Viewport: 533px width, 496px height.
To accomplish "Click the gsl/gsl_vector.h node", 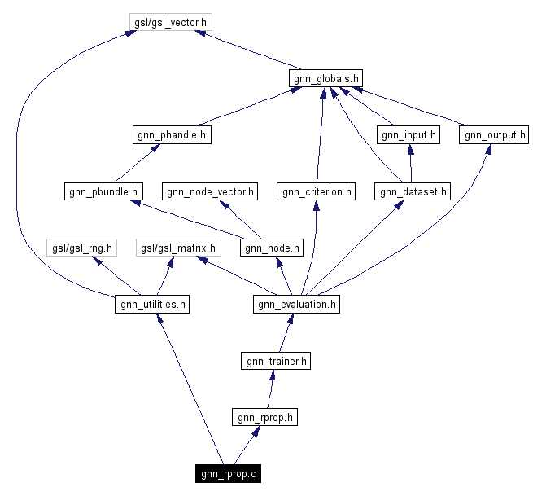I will tap(171, 22).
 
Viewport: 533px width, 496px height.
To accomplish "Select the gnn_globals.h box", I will tap(325, 78).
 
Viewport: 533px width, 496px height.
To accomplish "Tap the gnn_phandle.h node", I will tap(171, 135).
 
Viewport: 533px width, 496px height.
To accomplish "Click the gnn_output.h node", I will tap(493, 135).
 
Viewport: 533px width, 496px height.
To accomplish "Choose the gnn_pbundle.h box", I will tap(103, 192).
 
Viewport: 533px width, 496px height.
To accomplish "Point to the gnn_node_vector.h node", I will tap(210, 192).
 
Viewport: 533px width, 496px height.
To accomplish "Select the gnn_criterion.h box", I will tap(316, 192).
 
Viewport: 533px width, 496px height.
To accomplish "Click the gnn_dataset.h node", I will tap(412, 192).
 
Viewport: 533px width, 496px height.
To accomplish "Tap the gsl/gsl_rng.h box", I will tap(81, 248).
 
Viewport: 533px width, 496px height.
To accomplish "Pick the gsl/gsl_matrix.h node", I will tap(177, 248).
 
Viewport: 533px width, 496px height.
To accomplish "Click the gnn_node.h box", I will tap(272, 248).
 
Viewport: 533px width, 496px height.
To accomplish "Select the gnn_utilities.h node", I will tap(152, 305).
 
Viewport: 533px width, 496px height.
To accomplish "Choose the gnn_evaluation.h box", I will tap(296, 305).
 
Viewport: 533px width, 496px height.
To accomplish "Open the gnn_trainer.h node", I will tap(276, 361).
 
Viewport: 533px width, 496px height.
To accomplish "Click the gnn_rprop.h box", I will tap(264, 417).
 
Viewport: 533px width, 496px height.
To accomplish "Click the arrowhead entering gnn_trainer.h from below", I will tap(274, 375).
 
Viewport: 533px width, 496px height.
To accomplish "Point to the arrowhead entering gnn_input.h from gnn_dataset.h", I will tap(409, 150).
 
